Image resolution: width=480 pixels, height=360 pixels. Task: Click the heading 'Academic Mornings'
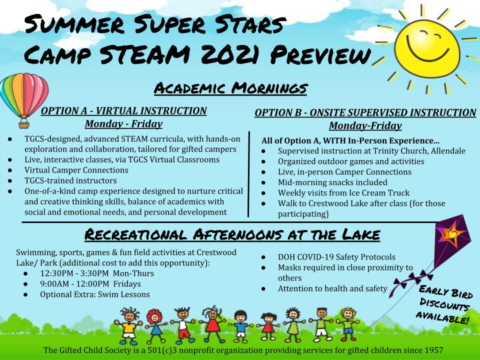[x=230, y=88]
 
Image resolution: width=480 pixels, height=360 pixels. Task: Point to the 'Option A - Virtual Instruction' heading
[x=123, y=111]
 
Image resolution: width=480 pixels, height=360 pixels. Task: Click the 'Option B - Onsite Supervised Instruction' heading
[x=365, y=113]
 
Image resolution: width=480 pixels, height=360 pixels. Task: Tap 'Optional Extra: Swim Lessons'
[x=95, y=294]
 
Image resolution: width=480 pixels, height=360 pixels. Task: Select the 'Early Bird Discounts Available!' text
[x=443, y=304]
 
